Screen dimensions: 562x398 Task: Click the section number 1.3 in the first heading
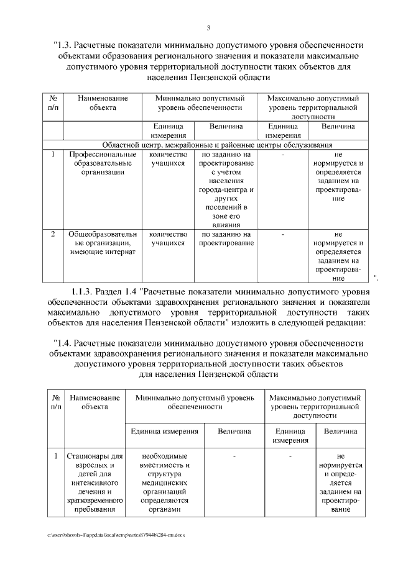pyautogui.click(x=65, y=45)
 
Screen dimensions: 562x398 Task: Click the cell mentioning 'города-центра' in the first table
pyautogui.click(x=224, y=189)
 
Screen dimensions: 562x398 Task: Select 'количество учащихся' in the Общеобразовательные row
pyautogui.click(x=169, y=239)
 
